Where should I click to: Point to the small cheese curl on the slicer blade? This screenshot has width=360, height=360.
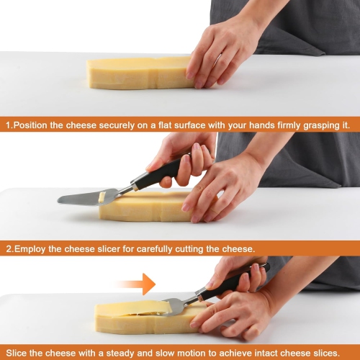pyautogui.click(x=102, y=197)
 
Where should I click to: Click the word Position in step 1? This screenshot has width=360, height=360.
pyautogui.click(x=30, y=125)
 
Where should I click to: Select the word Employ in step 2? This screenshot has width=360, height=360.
pyautogui.click(x=30, y=249)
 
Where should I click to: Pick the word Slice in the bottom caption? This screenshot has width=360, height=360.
pyautogui.click(x=17, y=353)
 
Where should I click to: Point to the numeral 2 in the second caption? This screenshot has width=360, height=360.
pyautogui.click(x=9, y=249)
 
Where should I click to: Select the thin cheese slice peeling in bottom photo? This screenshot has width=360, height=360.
pyautogui.click(x=135, y=307)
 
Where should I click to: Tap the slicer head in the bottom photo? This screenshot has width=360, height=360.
pyautogui.click(x=175, y=307)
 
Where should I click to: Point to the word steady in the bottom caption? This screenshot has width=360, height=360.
pyautogui.click(x=120, y=354)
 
